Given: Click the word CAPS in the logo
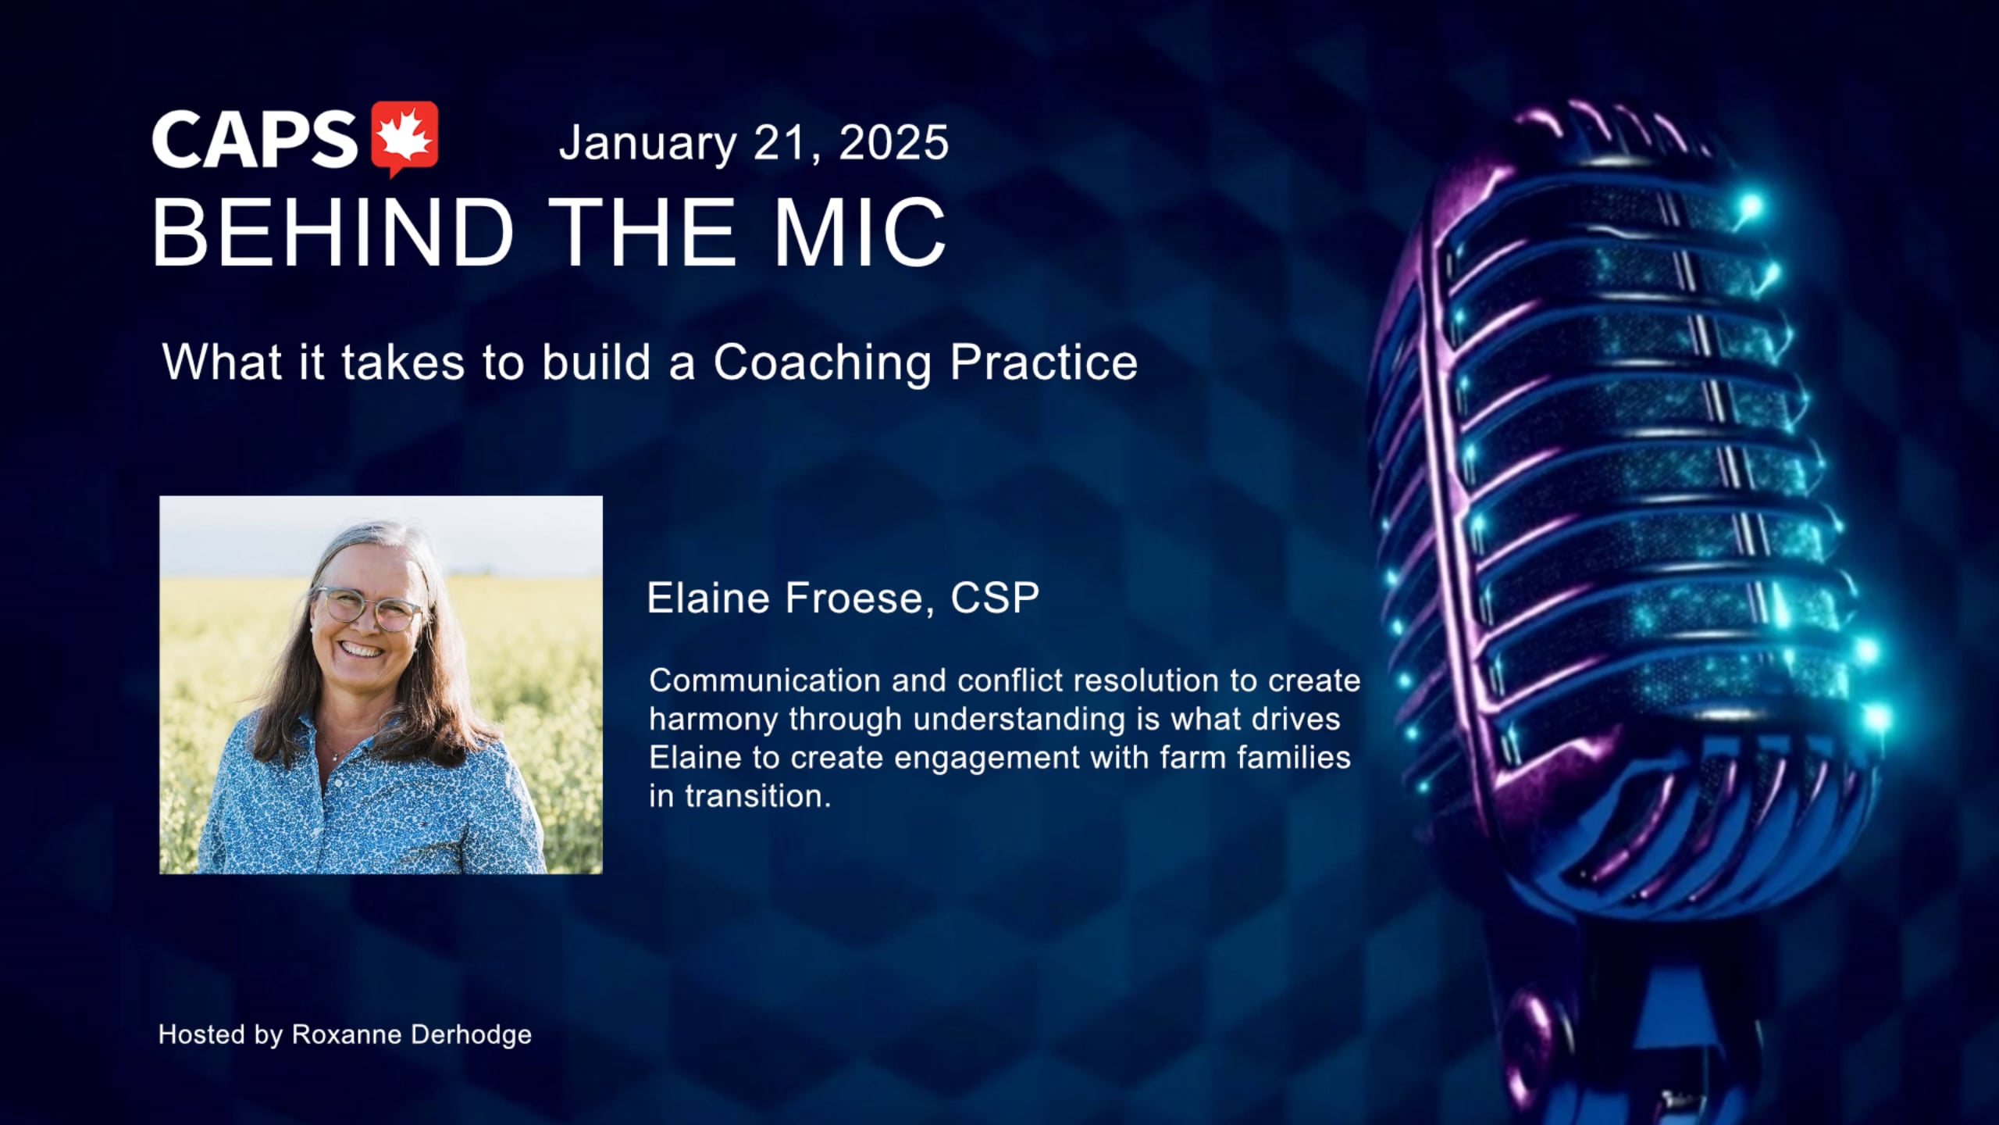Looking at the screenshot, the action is coord(255,139).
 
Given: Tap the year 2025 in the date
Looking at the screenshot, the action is coord(894,143).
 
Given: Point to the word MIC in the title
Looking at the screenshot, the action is coord(860,232).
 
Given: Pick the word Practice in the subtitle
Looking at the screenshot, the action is coord(1043,362).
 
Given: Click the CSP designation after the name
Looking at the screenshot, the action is coord(995,598).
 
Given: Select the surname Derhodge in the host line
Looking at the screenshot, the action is coord(471,1035).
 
